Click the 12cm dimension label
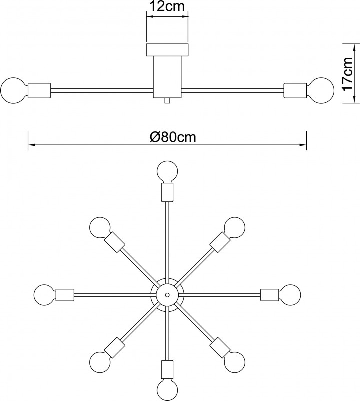[167, 7]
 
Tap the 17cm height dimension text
[348, 74]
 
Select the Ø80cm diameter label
[173, 137]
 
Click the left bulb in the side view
[14, 91]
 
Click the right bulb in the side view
[321, 91]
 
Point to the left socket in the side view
[39, 91]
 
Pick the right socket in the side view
[295, 91]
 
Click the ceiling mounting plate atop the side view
[167, 50]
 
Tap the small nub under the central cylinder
[167, 101]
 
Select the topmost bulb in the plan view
[167, 171]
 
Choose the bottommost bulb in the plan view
[167, 390]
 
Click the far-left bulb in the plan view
[45, 295]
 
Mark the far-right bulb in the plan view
[290, 295]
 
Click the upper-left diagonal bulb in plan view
[100, 228]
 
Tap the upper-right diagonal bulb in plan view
[234, 228]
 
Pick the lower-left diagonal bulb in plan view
[100, 362]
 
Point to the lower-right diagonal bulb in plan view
[234, 362]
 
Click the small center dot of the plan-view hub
[167, 295]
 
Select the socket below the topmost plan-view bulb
[167, 192]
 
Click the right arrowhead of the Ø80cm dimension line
[303, 145]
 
